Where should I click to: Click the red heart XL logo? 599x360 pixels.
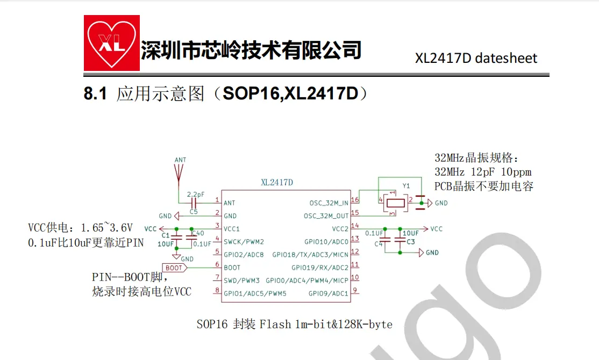pyautogui.click(x=112, y=42)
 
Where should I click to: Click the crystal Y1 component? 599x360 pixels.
pyautogui.click(x=395, y=203)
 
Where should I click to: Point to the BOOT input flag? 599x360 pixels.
pyautogui.click(x=175, y=268)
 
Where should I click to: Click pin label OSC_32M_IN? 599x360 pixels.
pyautogui.click(x=329, y=203)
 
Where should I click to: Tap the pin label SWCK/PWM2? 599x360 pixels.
pyautogui.click(x=244, y=242)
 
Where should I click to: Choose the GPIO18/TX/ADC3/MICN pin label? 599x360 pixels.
pyautogui.click(x=310, y=255)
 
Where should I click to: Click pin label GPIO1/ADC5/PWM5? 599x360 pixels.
pyautogui.click(x=255, y=293)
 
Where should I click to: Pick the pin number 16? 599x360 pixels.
pyautogui.click(x=355, y=200)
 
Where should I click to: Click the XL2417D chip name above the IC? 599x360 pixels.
pyautogui.click(x=277, y=183)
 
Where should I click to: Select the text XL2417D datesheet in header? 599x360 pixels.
pyautogui.click(x=476, y=58)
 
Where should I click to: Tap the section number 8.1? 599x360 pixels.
pyautogui.click(x=96, y=94)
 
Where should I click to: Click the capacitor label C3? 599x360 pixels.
pyautogui.click(x=411, y=242)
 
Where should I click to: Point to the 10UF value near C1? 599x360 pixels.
pyautogui.click(x=166, y=243)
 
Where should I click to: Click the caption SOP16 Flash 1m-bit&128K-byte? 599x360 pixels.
pyautogui.click(x=294, y=325)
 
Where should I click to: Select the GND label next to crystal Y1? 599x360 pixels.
pyautogui.click(x=441, y=203)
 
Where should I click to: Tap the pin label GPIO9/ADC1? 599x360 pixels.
pyautogui.click(x=328, y=293)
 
